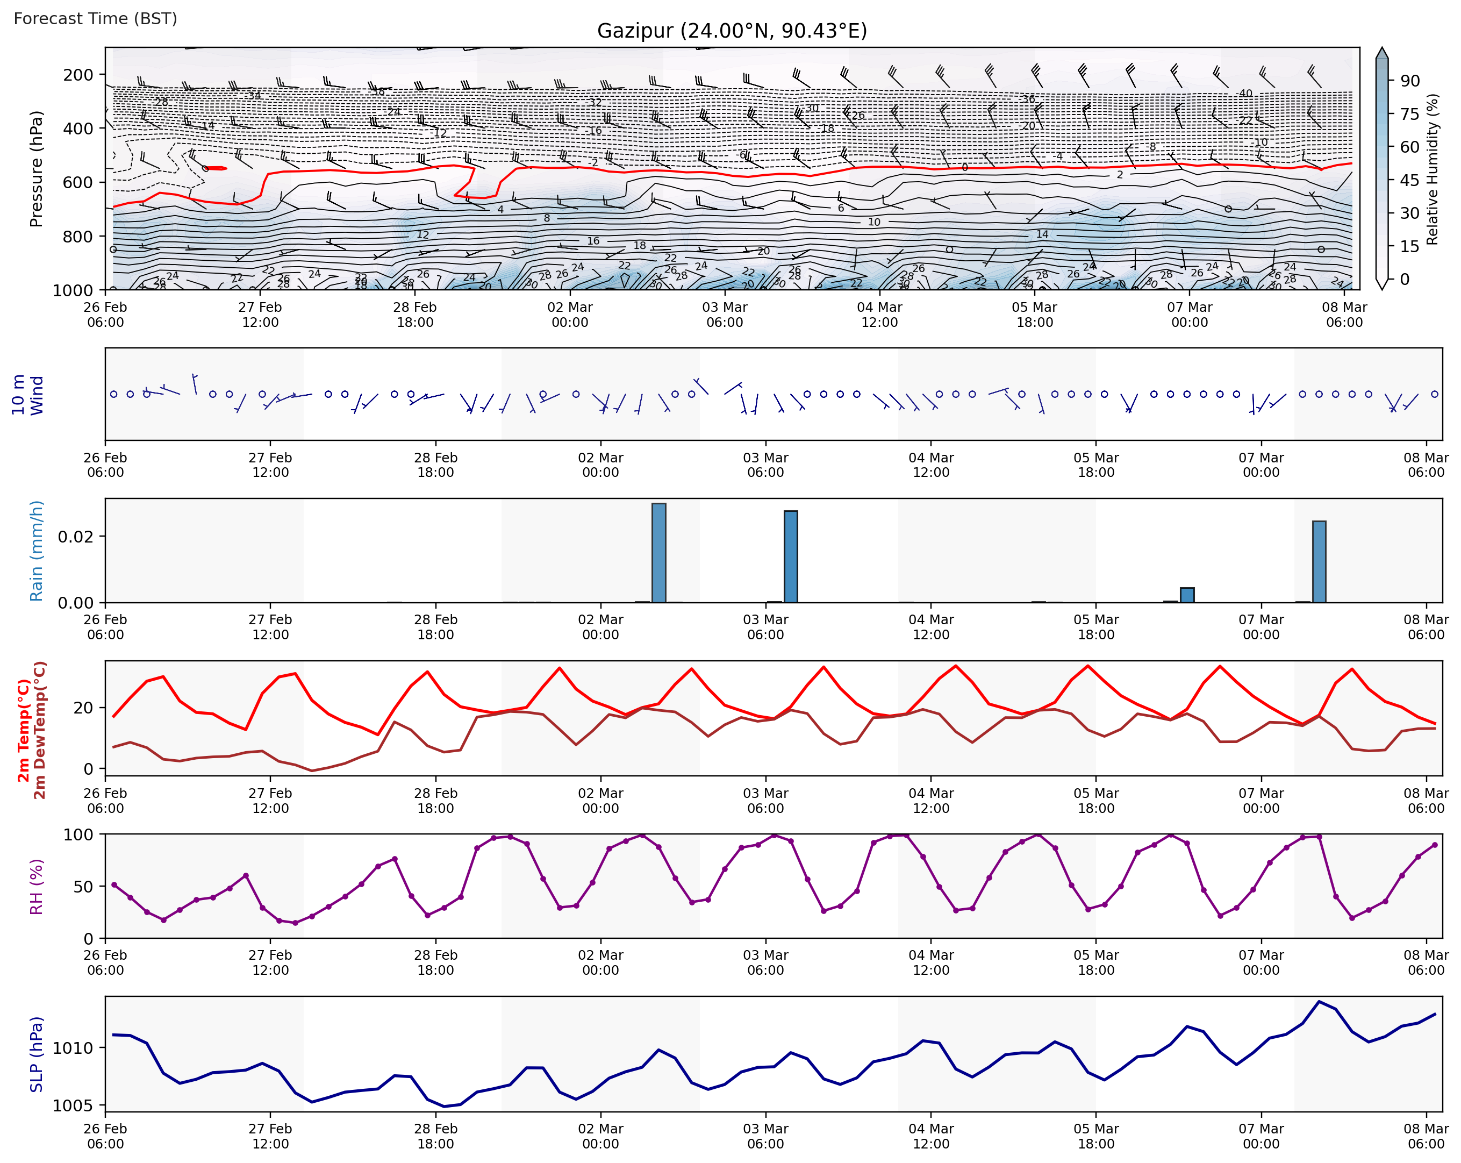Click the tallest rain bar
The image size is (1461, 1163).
click(x=658, y=552)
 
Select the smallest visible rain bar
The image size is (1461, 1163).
click(x=1187, y=595)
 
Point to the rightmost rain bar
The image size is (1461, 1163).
click(x=1319, y=561)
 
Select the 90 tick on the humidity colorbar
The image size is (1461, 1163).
click(x=1409, y=81)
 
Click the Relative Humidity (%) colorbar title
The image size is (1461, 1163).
click(x=1432, y=169)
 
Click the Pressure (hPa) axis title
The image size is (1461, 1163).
click(x=36, y=169)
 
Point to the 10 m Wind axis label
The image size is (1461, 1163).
click(x=27, y=395)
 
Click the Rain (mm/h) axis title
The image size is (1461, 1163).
click(x=36, y=551)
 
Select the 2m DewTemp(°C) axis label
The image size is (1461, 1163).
click(x=40, y=730)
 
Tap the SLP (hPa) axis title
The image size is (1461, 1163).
click(x=36, y=1054)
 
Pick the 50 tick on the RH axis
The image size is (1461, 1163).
click(x=83, y=887)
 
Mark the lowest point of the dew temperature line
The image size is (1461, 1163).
click(x=312, y=770)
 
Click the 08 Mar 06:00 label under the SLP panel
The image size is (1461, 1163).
click(x=1426, y=1137)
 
